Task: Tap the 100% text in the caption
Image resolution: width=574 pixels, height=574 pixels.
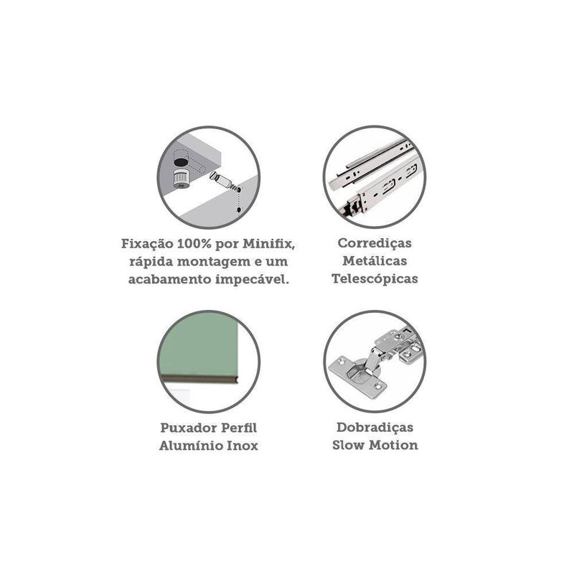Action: point(194,244)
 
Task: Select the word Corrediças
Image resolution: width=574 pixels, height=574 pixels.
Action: point(375,243)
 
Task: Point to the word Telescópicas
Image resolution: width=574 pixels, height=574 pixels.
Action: point(375,279)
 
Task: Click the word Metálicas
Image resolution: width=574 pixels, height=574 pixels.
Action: point(375,261)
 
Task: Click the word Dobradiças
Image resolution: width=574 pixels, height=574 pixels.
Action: point(375,428)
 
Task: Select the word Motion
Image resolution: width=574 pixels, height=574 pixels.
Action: point(393,445)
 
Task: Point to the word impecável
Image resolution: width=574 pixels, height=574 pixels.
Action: point(253,280)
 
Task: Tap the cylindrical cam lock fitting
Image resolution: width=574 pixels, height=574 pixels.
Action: point(182,178)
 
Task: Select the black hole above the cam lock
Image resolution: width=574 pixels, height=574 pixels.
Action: point(181,161)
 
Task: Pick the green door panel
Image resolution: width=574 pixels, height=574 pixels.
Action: point(198,346)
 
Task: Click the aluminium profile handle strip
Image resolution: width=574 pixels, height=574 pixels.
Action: point(199,379)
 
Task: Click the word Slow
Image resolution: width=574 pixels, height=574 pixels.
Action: point(348,445)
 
